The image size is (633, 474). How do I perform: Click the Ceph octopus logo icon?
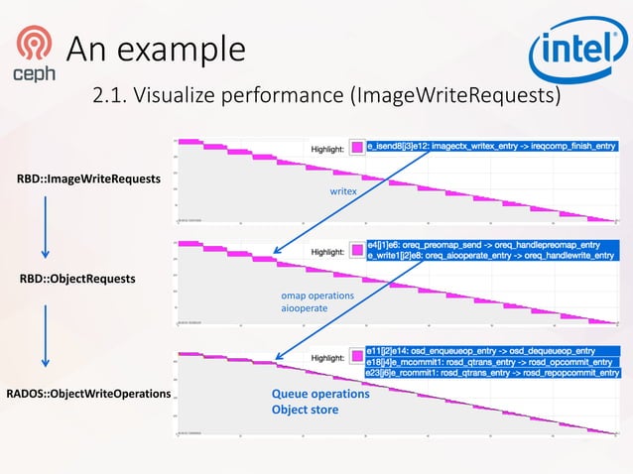[x=34, y=45]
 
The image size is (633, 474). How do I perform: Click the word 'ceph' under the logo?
[x=34, y=73]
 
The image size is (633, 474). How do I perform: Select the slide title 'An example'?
[x=155, y=47]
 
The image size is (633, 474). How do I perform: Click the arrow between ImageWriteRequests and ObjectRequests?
[x=46, y=226]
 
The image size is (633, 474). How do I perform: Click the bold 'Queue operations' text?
[x=320, y=394]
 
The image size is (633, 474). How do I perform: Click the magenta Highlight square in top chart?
[x=356, y=149]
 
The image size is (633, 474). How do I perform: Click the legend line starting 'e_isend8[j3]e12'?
[x=492, y=146]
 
